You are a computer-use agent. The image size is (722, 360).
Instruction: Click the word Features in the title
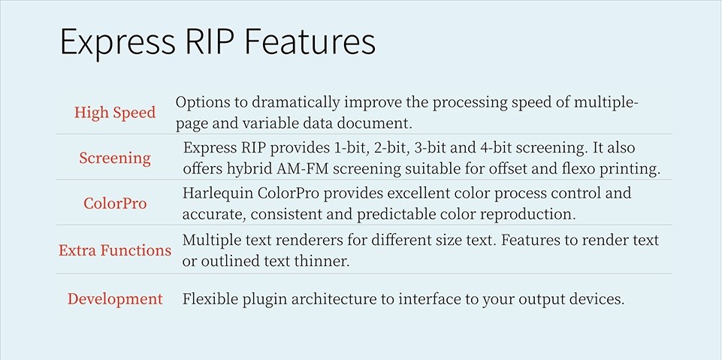(310, 42)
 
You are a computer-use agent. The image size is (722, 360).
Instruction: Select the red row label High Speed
(115, 113)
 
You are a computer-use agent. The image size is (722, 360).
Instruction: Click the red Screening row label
(115, 158)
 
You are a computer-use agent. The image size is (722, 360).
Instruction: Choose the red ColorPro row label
(115, 203)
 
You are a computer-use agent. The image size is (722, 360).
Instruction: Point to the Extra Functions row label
(115, 250)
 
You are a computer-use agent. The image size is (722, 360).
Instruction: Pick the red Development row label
(115, 299)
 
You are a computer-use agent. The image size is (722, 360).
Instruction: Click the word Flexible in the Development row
(210, 299)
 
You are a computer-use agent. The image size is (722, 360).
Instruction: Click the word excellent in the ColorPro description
(418, 193)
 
